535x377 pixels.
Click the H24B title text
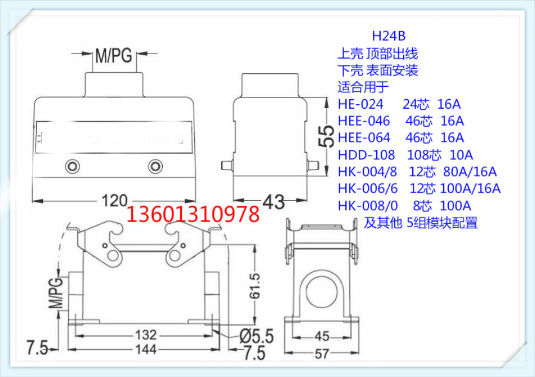click(388, 37)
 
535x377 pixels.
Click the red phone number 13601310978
click(194, 215)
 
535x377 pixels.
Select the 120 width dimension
click(115, 200)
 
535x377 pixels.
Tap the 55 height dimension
click(323, 136)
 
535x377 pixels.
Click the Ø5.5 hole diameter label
click(256, 336)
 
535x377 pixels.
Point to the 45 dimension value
click(322, 336)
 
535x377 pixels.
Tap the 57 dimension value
click(322, 353)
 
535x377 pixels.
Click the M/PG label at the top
click(113, 56)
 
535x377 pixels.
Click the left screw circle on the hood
click(72, 166)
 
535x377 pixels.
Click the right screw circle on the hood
click(155, 166)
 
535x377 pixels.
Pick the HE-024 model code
click(360, 104)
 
